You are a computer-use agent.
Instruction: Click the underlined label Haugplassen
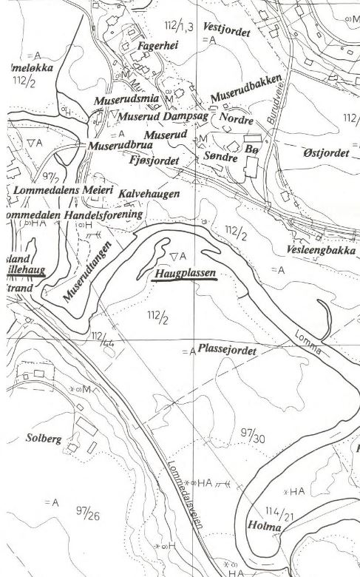[185, 274]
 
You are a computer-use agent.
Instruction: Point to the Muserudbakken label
[246, 91]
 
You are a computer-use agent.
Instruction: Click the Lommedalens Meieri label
[62, 191]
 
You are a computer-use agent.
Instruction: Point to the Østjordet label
[326, 152]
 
